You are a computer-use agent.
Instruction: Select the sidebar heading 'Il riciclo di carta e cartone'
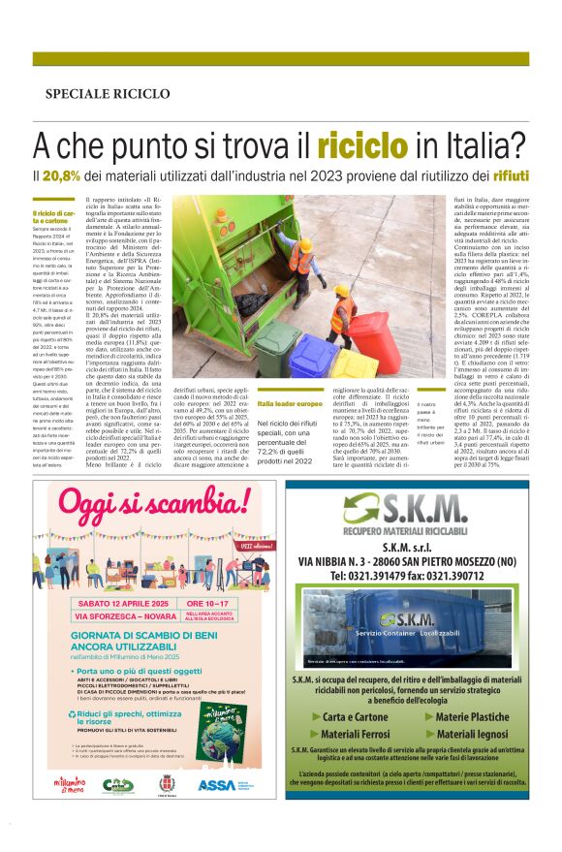(53, 217)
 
